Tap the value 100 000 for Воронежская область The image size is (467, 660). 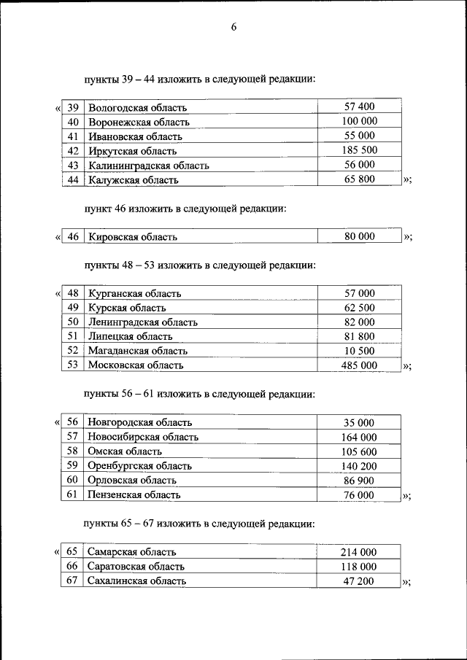click(x=359, y=122)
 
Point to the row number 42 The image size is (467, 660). click(x=73, y=150)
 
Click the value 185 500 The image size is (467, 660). click(x=359, y=150)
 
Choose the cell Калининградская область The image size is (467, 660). click(x=149, y=165)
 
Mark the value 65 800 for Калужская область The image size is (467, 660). click(x=359, y=179)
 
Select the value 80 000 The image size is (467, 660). click(x=359, y=236)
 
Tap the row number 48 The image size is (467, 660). click(x=73, y=294)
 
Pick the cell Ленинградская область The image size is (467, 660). click(x=143, y=322)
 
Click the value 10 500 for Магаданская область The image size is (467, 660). click(x=359, y=351)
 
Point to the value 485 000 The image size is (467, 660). click(x=359, y=365)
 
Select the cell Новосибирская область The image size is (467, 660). click(x=142, y=437)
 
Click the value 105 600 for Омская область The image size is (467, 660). click(x=359, y=451)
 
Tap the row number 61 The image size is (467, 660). click(x=72, y=494)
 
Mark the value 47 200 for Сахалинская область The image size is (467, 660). click(x=359, y=581)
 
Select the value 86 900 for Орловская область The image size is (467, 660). click(x=359, y=481)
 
